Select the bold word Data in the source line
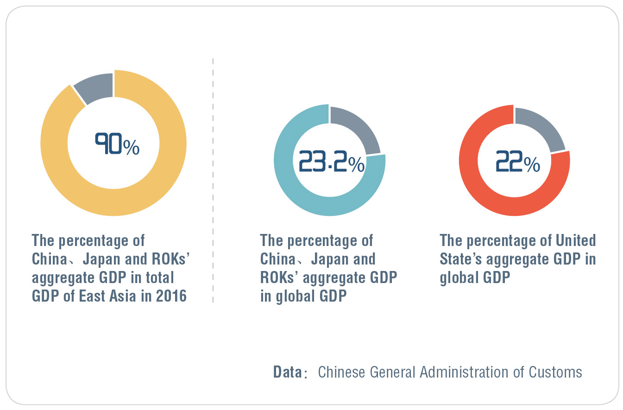coord(287,372)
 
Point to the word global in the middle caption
coord(296,296)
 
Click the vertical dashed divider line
coord(213,181)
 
